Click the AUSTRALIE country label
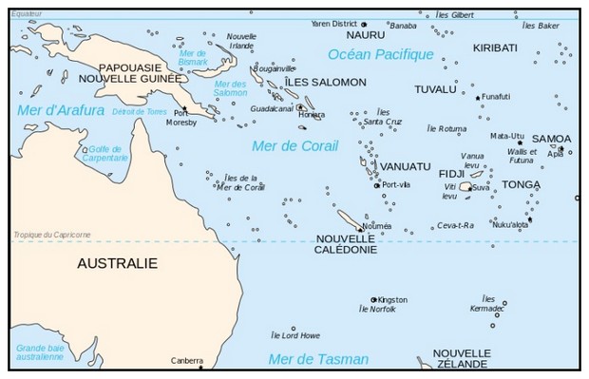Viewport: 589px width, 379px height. point(118,262)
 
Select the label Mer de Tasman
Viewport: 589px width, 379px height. point(306,358)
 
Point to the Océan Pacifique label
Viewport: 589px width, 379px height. point(380,54)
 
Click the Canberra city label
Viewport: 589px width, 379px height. point(187,360)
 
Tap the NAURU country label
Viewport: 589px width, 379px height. point(339,35)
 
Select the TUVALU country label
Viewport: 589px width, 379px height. point(435,89)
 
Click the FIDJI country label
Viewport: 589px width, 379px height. point(451,174)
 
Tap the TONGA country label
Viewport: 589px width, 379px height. point(521,184)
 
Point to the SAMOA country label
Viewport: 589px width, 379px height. point(551,139)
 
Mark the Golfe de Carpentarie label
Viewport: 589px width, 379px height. point(106,153)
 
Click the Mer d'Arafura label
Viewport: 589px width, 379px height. point(61,111)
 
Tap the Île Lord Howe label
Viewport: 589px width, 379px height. point(295,335)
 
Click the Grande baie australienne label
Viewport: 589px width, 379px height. point(44,352)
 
